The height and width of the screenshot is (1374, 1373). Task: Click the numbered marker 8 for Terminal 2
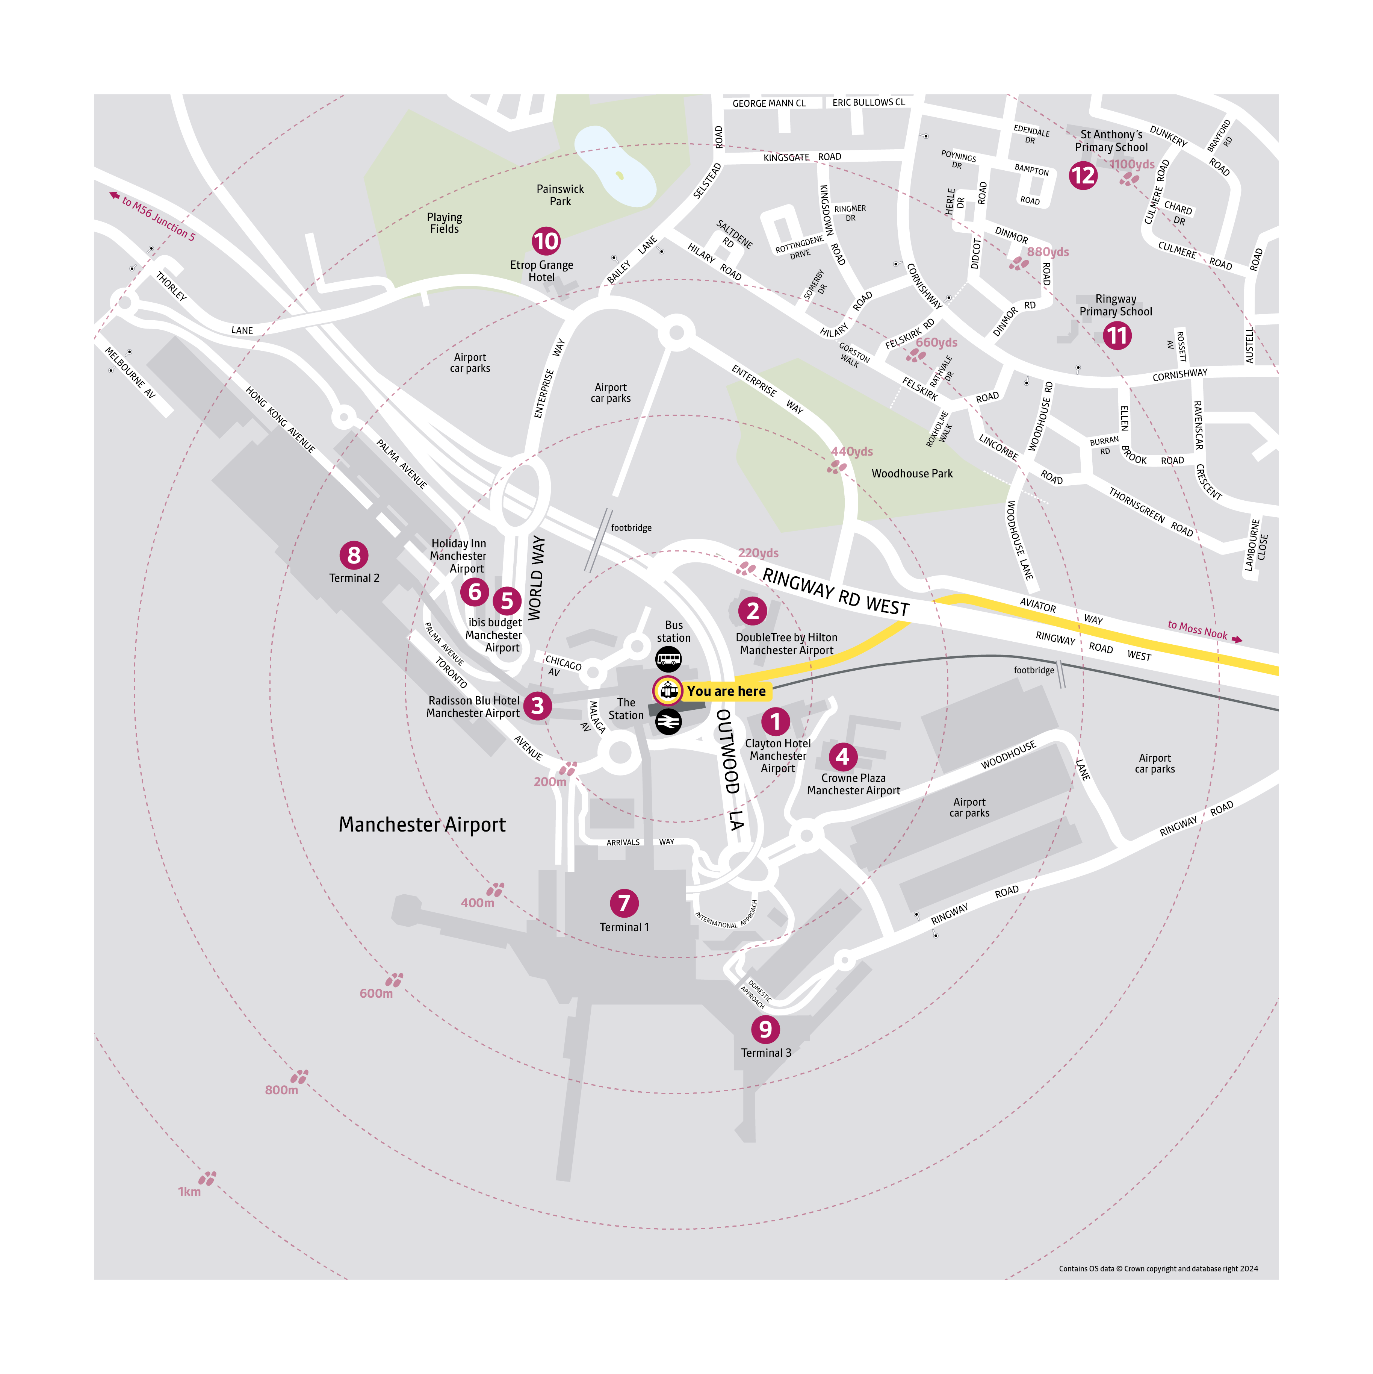353,556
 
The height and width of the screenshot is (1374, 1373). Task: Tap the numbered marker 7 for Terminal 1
624,903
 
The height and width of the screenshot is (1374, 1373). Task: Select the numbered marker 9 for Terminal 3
765,1029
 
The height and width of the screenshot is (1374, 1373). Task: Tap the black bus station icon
668,659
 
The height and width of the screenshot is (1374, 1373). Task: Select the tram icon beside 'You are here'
668,690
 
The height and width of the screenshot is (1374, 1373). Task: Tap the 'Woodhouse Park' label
912,474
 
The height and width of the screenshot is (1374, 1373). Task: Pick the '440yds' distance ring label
851,451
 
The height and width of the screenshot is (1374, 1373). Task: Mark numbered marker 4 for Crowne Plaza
842,757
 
